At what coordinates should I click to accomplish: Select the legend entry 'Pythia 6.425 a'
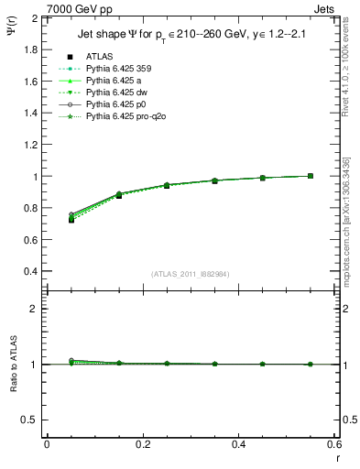click(113, 104)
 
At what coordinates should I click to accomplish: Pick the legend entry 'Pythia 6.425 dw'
click(115, 116)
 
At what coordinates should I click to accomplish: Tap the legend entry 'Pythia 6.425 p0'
click(115, 129)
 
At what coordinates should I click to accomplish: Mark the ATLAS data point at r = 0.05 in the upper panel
click(71, 220)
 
